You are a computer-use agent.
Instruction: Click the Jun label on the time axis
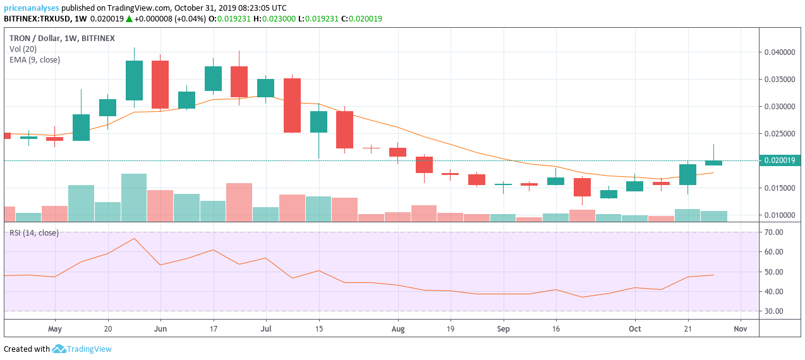(160, 329)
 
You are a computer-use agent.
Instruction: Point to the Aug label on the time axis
(397, 329)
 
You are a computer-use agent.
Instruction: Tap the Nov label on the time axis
(741, 329)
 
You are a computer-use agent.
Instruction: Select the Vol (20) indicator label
(23, 49)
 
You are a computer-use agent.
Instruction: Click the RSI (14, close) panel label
(33, 233)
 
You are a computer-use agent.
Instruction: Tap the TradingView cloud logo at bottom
(59, 349)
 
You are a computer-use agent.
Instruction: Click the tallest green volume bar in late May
(134, 197)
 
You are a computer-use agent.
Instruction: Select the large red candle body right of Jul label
(292, 105)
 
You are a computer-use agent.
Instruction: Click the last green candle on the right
(713, 163)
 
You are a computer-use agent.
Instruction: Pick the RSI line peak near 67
(134, 239)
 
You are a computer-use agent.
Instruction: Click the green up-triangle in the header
(129, 19)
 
